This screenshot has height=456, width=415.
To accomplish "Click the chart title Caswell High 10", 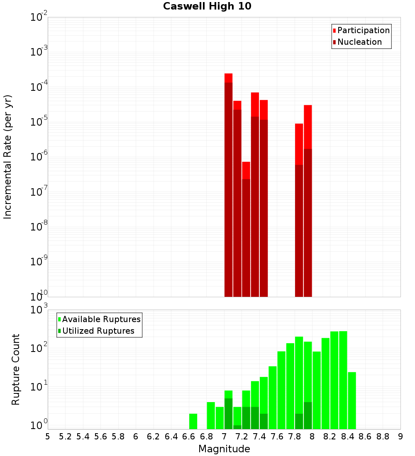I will pyautogui.click(x=207, y=6).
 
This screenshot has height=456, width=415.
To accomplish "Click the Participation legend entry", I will pyautogui.click(x=363, y=30).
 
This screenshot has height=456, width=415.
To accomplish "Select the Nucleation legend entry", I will pyautogui.click(x=359, y=42).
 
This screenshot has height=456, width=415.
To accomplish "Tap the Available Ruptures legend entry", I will pyautogui.click(x=101, y=319).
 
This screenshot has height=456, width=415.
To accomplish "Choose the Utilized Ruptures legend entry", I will pyautogui.click(x=98, y=331).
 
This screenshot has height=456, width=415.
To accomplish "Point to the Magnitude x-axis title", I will pyautogui.click(x=224, y=449).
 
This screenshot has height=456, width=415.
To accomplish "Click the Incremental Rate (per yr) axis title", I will pyautogui.click(x=8, y=157).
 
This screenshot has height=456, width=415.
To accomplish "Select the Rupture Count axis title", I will pyautogui.click(x=16, y=369).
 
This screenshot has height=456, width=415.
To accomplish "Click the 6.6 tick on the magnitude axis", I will pyautogui.click(x=189, y=437).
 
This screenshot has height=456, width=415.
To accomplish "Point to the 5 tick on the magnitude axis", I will pyautogui.click(x=48, y=437).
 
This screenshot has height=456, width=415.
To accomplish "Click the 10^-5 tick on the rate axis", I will pyautogui.click(x=39, y=122).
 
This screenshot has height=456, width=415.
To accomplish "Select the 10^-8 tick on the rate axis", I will pyautogui.click(x=39, y=227).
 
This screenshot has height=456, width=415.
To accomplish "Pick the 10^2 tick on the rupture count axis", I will pyautogui.click(x=39, y=348).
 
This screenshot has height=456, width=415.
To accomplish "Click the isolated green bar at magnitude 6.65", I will pyautogui.click(x=193, y=421).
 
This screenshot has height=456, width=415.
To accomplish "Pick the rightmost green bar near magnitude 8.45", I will pyautogui.click(x=352, y=400).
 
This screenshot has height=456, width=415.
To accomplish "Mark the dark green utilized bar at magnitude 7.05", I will pyautogui.click(x=228, y=413).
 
